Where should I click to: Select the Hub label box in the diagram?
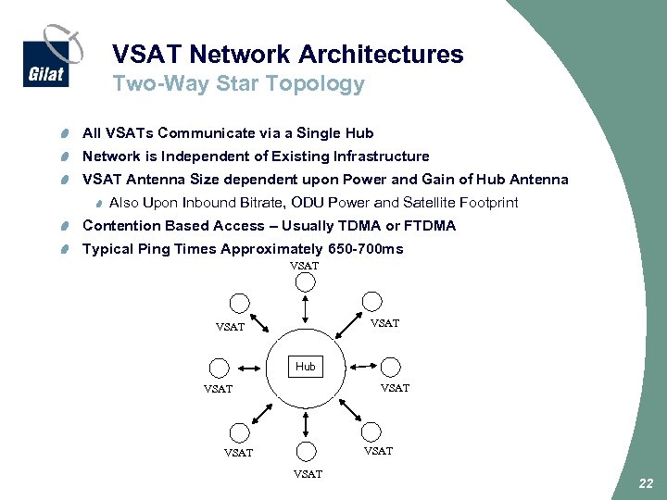tap(306, 367)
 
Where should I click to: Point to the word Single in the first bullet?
tap(318, 132)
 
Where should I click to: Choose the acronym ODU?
tap(305, 203)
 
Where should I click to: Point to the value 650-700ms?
tap(364, 249)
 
